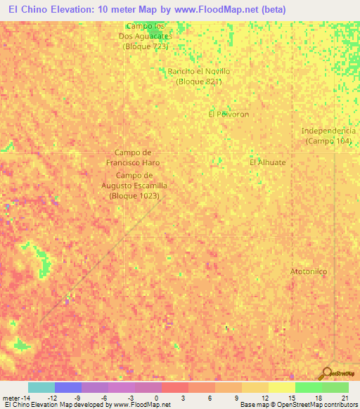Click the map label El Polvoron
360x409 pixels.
tap(229, 114)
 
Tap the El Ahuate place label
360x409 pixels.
tap(268, 162)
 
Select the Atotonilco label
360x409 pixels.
tap(309, 271)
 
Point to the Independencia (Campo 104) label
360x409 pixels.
tap(328, 136)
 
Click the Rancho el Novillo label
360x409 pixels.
tap(199, 76)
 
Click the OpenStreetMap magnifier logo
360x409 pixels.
tap(327, 372)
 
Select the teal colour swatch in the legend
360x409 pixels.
tap(41, 387)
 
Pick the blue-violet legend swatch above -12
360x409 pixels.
tap(68, 387)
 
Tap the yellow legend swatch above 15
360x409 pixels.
tap(281, 387)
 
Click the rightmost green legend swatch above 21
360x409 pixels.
tap(335, 387)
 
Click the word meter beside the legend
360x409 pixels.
tap(12, 397)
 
